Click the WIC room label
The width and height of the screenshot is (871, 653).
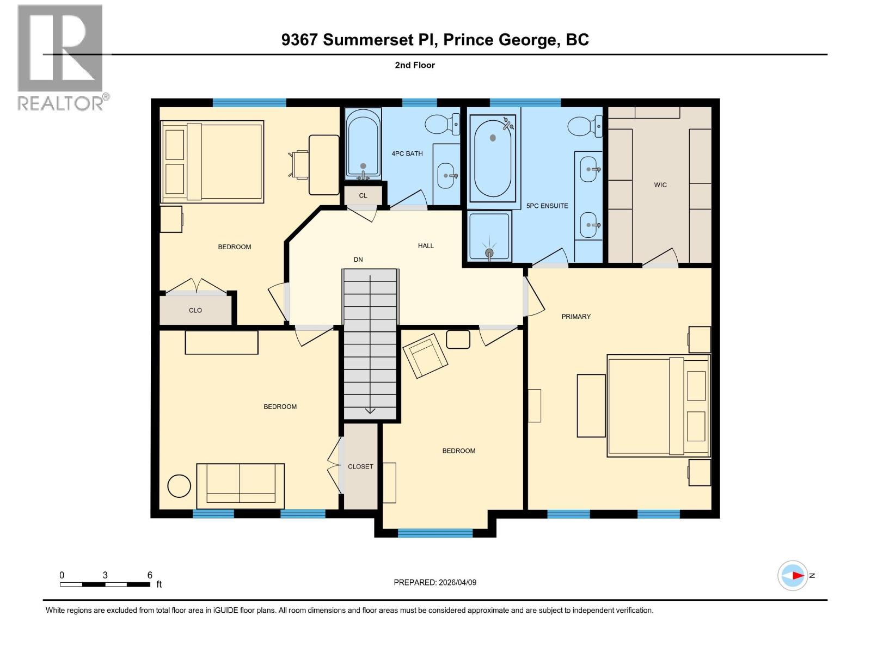click(x=660, y=185)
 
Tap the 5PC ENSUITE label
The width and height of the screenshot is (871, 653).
click(x=547, y=206)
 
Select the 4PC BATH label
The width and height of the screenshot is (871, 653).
click(x=407, y=153)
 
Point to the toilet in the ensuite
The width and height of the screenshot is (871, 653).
click(x=585, y=126)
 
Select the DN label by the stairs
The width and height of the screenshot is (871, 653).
click(x=358, y=260)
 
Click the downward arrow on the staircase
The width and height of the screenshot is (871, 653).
click(x=370, y=410)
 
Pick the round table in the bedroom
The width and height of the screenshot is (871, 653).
click(x=179, y=486)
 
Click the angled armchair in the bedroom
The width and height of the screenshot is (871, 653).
click(x=425, y=355)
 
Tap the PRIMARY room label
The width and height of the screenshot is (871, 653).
click(x=576, y=316)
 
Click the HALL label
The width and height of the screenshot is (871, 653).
click(x=426, y=245)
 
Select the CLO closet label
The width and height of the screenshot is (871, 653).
click(x=195, y=310)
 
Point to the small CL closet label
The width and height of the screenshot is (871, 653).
click(x=363, y=195)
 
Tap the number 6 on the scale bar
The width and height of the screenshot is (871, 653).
click(x=150, y=575)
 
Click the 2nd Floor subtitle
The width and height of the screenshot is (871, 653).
click(x=415, y=65)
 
